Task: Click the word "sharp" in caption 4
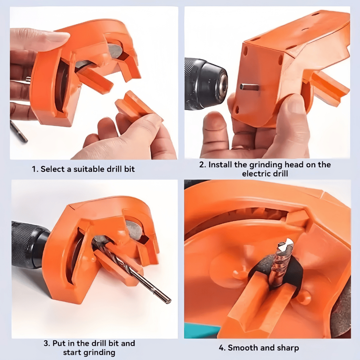(x=288, y=348)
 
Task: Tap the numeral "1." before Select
(x=35, y=169)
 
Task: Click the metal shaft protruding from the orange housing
(x=249, y=87)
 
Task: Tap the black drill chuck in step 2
(x=206, y=84)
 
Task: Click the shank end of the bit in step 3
(x=167, y=298)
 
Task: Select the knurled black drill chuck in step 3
(x=30, y=245)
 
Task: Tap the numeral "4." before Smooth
(x=222, y=348)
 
